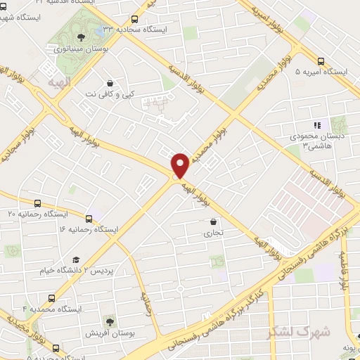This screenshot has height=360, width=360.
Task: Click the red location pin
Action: [180, 165]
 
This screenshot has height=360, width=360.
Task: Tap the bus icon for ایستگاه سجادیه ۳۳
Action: [134, 20]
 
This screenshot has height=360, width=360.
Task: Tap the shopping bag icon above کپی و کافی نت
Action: [109, 82]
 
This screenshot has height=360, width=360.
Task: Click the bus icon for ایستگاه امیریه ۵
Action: [321, 61]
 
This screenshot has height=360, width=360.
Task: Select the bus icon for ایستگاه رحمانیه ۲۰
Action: [37, 202]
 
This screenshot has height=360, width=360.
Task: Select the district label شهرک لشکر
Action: [288, 330]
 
